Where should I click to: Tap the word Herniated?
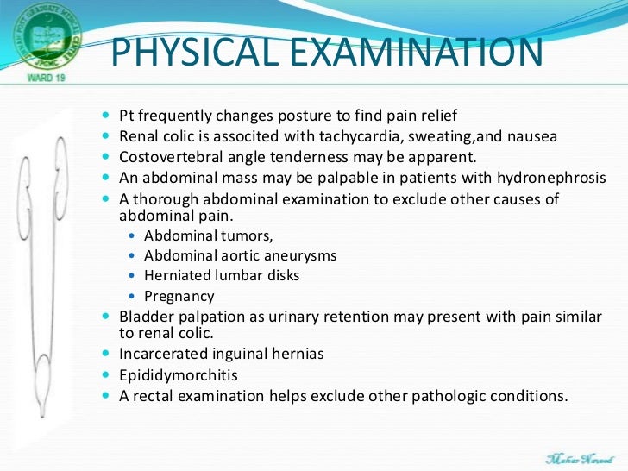174,276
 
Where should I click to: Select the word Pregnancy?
174,297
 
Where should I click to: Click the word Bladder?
141,317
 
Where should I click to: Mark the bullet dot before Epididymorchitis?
107,375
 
